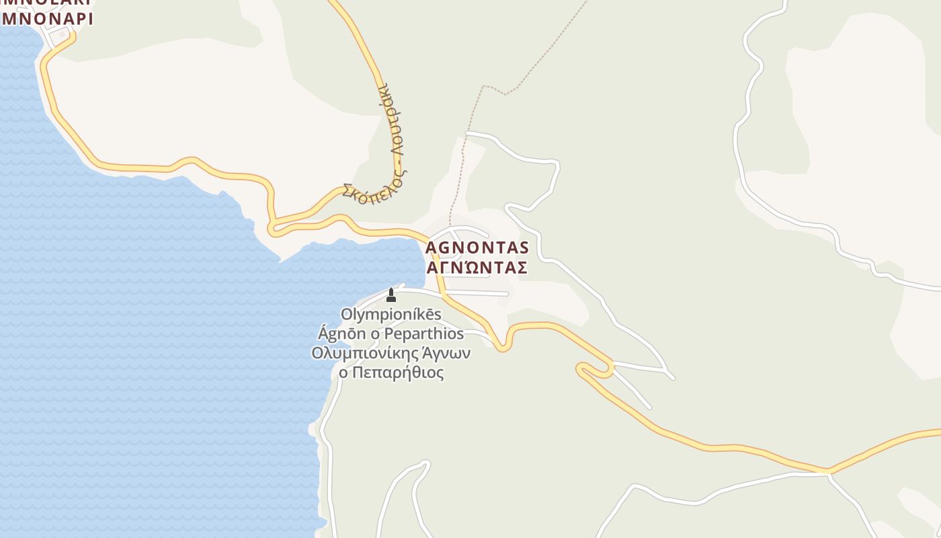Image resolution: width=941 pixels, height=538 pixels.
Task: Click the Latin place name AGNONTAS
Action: (x=477, y=248)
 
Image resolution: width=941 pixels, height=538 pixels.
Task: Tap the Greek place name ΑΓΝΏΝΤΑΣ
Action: (x=477, y=268)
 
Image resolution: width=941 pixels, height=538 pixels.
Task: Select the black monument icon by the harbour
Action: (x=391, y=295)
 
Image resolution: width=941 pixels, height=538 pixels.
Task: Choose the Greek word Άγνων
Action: (x=446, y=353)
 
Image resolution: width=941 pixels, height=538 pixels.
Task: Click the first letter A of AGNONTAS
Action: (x=432, y=248)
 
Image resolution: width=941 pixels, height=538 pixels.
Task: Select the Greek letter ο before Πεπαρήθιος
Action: (x=343, y=373)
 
